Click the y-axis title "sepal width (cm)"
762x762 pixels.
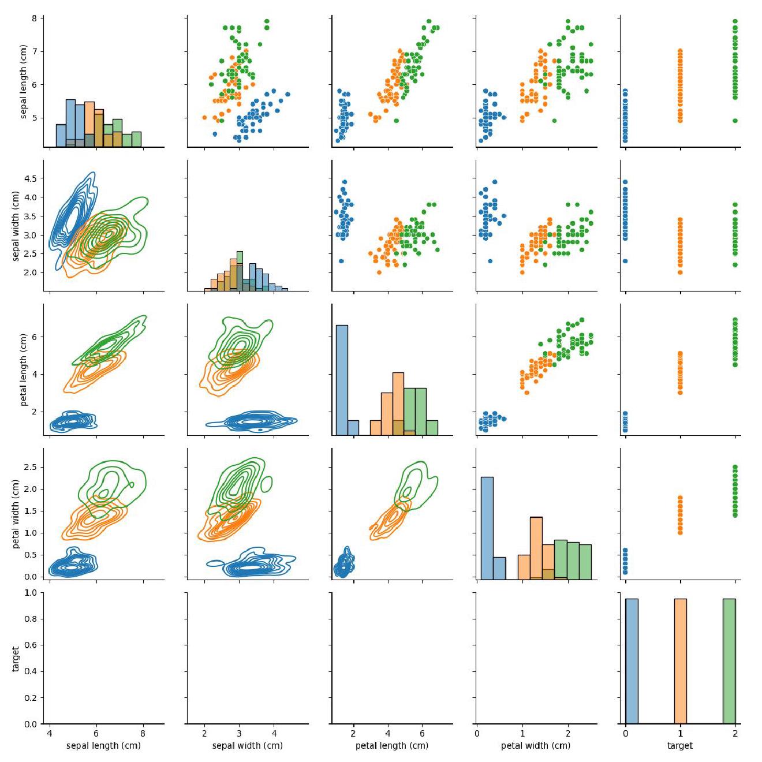(16, 226)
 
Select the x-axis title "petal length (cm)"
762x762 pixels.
(392, 745)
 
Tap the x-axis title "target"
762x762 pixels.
(680, 745)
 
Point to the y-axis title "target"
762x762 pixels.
(16, 659)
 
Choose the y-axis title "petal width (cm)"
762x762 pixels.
(16, 514)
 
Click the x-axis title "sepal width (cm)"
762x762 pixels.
(248, 745)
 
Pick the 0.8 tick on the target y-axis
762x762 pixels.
(30, 619)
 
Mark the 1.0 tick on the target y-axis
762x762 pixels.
(30, 593)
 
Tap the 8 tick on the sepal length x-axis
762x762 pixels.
(143, 734)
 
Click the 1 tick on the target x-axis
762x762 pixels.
(681, 734)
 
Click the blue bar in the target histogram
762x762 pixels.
(632, 661)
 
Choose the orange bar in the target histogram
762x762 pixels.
(681, 661)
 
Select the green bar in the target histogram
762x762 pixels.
(729, 661)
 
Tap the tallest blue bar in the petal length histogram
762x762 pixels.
(342, 380)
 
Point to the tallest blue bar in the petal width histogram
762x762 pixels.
(487, 528)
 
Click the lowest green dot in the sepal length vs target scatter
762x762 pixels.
(735, 121)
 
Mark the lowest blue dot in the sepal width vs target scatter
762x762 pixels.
(626, 261)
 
